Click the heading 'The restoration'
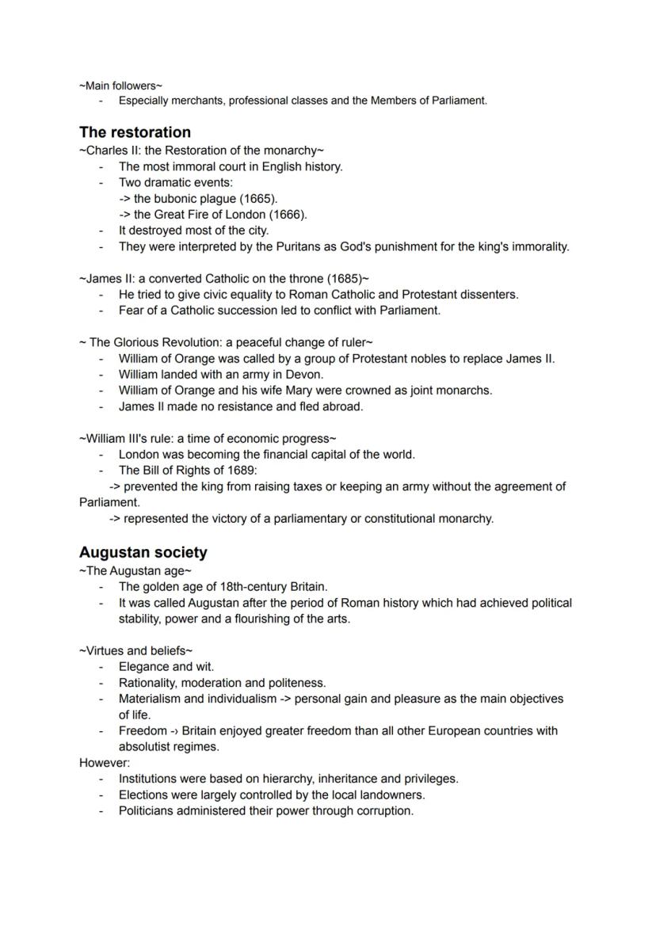[x=135, y=132]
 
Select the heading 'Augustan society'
[x=143, y=552]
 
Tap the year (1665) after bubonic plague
[x=258, y=199]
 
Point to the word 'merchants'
[x=199, y=101]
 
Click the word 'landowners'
[x=393, y=795]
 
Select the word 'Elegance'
[x=143, y=667]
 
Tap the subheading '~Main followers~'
[x=121, y=86]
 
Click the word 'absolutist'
[x=146, y=747]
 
